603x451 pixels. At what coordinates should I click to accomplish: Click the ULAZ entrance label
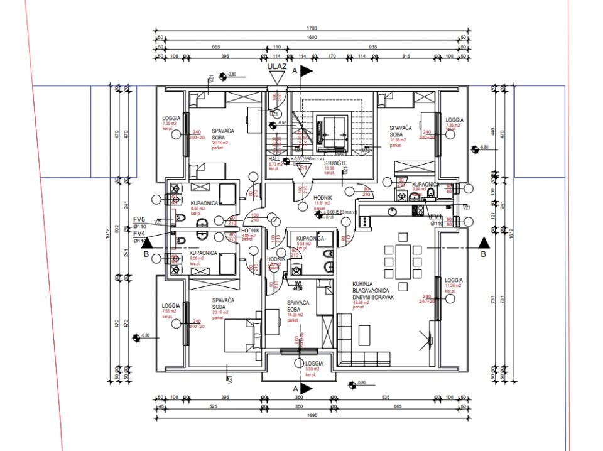click(x=276, y=65)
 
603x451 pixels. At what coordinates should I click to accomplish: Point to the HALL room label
click(x=274, y=160)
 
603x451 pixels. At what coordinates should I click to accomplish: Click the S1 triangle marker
click(x=303, y=168)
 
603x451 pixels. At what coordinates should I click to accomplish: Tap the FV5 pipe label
click(x=139, y=219)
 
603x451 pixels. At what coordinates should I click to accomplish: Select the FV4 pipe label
click(x=139, y=233)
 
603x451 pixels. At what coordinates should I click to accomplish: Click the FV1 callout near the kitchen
click(x=436, y=217)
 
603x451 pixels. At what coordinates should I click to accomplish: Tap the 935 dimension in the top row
click(x=372, y=47)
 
